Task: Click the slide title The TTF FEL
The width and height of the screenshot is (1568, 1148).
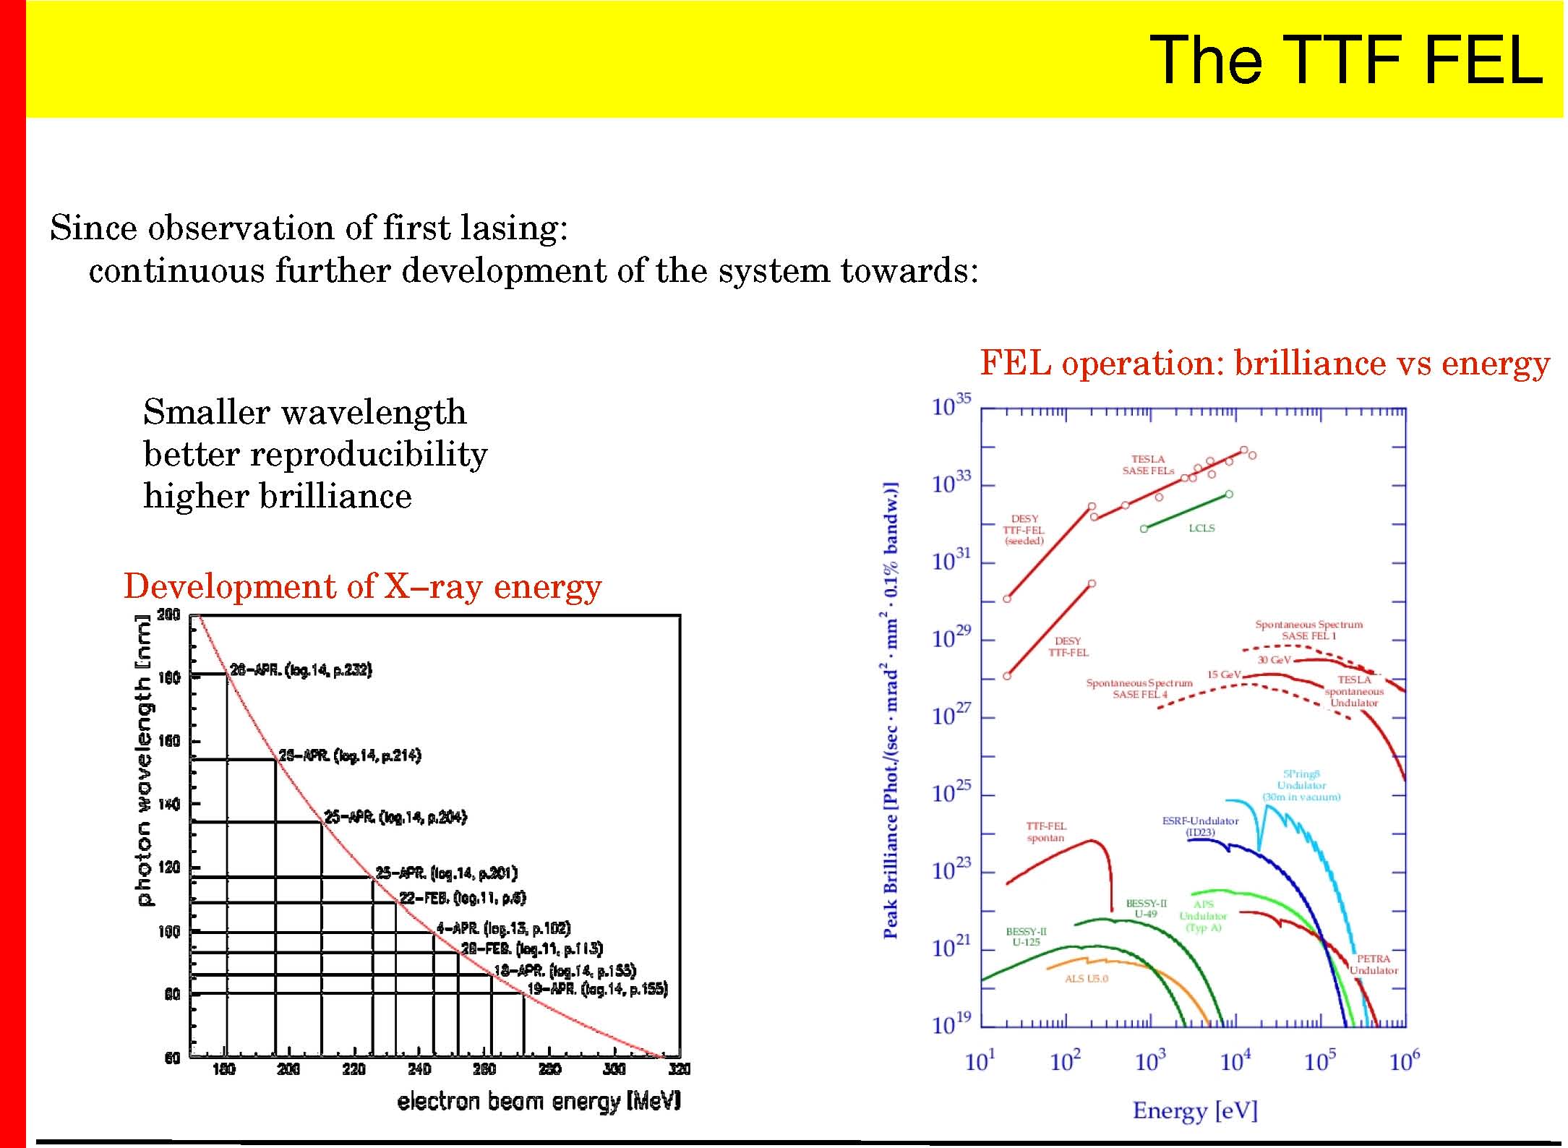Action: pyautogui.click(x=1345, y=60)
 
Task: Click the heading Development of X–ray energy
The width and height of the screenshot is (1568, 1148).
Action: pyautogui.click(x=362, y=586)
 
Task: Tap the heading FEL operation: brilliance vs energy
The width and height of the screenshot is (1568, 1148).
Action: pyautogui.click(x=1264, y=363)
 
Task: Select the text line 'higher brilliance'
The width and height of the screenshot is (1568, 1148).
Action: pyautogui.click(x=278, y=497)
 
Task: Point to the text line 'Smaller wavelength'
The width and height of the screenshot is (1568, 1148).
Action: pyautogui.click(x=304, y=413)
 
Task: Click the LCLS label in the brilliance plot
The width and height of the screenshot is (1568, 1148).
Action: pyautogui.click(x=1201, y=528)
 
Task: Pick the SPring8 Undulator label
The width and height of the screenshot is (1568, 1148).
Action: pyautogui.click(x=1301, y=785)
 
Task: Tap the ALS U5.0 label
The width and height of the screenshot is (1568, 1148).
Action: pyautogui.click(x=1086, y=979)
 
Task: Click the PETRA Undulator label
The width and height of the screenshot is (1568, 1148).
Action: pyautogui.click(x=1374, y=964)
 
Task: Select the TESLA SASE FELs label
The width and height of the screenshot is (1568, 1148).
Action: pyautogui.click(x=1148, y=465)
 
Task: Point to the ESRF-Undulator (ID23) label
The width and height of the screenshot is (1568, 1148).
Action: pyautogui.click(x=1200, y=826)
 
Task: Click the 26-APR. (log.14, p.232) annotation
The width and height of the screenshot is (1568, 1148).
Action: pyautogui.click(x=301, y=671)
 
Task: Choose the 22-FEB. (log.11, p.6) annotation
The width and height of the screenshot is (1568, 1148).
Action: pyautogui.click(x=463, y=898)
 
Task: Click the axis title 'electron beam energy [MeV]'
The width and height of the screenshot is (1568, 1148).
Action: pyautogui.click(x=539, y=1101)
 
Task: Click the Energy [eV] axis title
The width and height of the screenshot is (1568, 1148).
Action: pyautogui.click(x=1195, y=1110)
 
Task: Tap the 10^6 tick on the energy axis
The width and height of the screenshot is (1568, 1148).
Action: pyautogui.click(x=1404, y=1061)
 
